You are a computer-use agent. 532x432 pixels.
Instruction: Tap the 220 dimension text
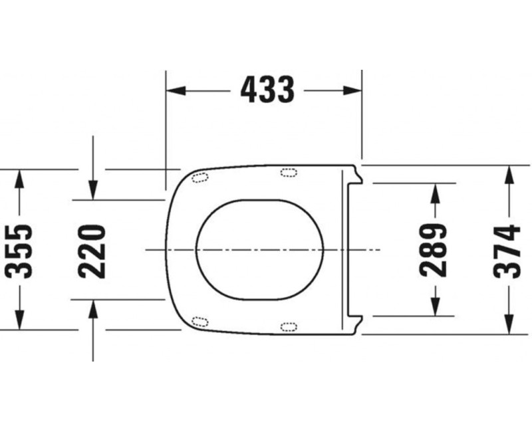coord(92,250)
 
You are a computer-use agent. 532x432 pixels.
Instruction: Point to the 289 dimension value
coord(434,249)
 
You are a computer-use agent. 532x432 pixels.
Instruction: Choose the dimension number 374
coord(508,250)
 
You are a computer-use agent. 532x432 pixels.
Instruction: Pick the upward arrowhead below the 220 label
coord(93,308)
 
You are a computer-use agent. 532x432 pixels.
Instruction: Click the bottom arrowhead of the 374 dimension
coord(509,326)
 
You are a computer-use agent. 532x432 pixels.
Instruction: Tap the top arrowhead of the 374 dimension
coord(509,173)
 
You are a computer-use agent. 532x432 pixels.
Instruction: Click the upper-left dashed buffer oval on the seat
coord(199,177)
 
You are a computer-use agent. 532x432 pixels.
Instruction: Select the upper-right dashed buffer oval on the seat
coord(289,173)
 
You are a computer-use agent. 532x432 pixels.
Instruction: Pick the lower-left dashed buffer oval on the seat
coord(199,322)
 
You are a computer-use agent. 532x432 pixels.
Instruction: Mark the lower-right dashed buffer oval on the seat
coord(289,326)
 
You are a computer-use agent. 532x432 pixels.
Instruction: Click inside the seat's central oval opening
coord(259,249)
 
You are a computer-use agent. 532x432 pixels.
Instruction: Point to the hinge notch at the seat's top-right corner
coord(357,175)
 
